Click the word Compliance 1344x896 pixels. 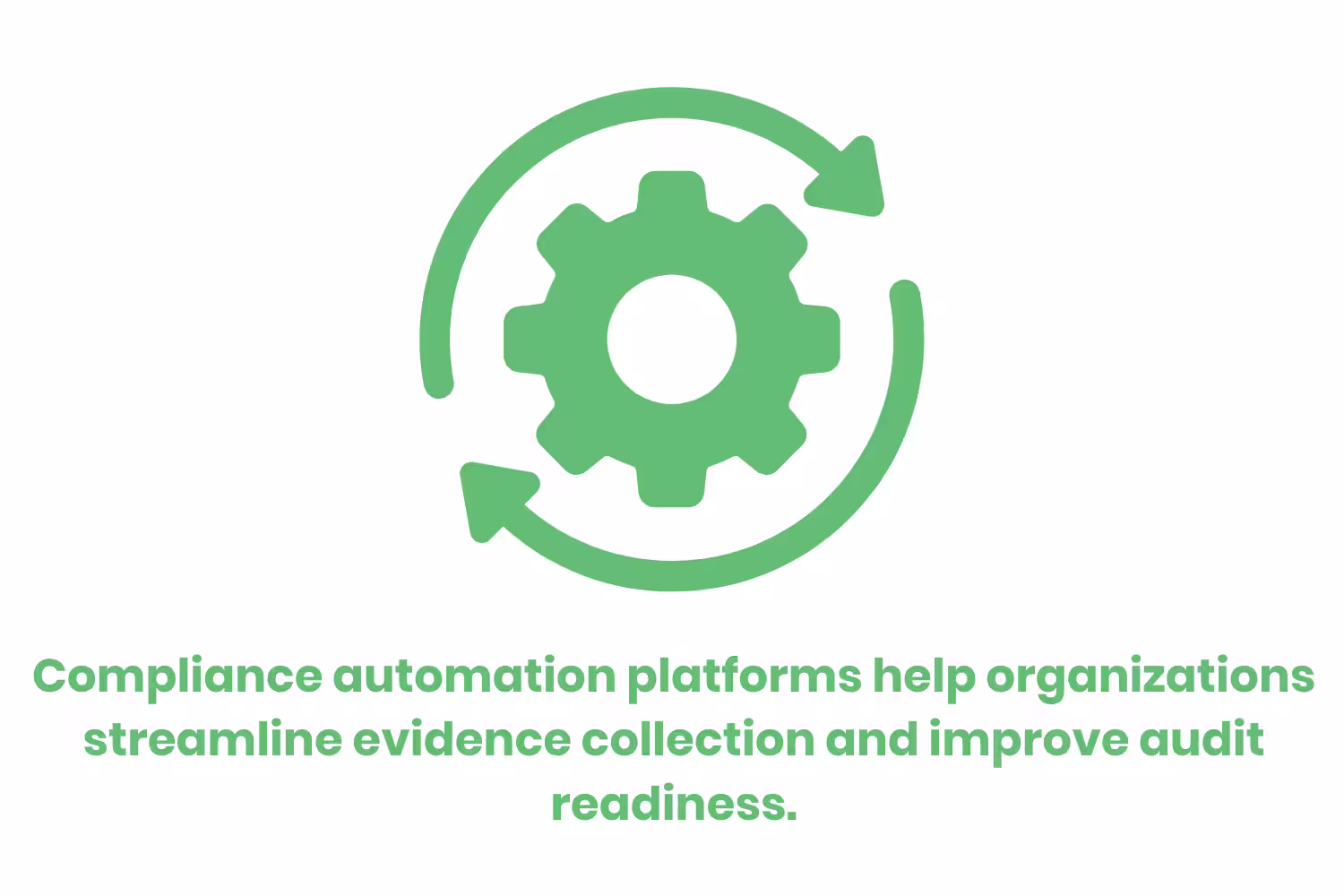[177, 676]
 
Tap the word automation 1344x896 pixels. [474, 676]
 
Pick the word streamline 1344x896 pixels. [212, 740]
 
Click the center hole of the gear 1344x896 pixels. [672, 339]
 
